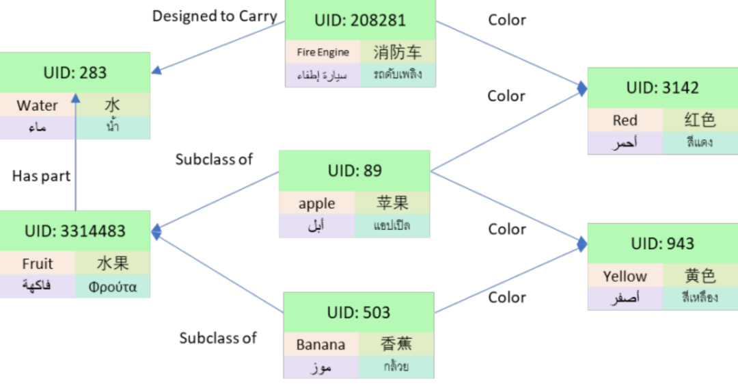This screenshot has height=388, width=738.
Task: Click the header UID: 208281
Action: [360, 21]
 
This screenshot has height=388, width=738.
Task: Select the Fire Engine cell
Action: [323, 52]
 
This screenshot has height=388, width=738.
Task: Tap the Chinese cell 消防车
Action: [398, 52]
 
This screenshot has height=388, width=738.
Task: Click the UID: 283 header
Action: [75, 73]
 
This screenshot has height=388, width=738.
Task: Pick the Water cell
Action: [38, 105]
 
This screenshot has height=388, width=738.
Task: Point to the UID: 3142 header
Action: [662, 88]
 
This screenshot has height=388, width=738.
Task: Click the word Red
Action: [625, 120]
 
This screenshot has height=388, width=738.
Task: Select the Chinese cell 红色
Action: [700, 120]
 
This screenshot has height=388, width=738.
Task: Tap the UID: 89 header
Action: [354, 170]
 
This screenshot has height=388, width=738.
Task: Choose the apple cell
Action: [316, 203]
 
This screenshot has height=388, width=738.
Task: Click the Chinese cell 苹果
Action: [392, 203]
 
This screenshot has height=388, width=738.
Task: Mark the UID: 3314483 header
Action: [75, 231]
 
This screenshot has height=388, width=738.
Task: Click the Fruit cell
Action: [38, 263]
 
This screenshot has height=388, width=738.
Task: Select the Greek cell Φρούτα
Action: [113, 287]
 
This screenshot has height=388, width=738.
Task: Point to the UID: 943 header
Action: [662, 244]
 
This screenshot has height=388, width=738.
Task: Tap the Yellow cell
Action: [625, 276]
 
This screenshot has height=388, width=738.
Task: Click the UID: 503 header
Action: [359, 313]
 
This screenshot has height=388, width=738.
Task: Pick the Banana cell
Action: [320, 345]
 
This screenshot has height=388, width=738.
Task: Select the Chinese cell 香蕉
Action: [396, 345]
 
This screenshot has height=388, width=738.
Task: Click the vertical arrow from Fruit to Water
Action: [75, 174]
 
